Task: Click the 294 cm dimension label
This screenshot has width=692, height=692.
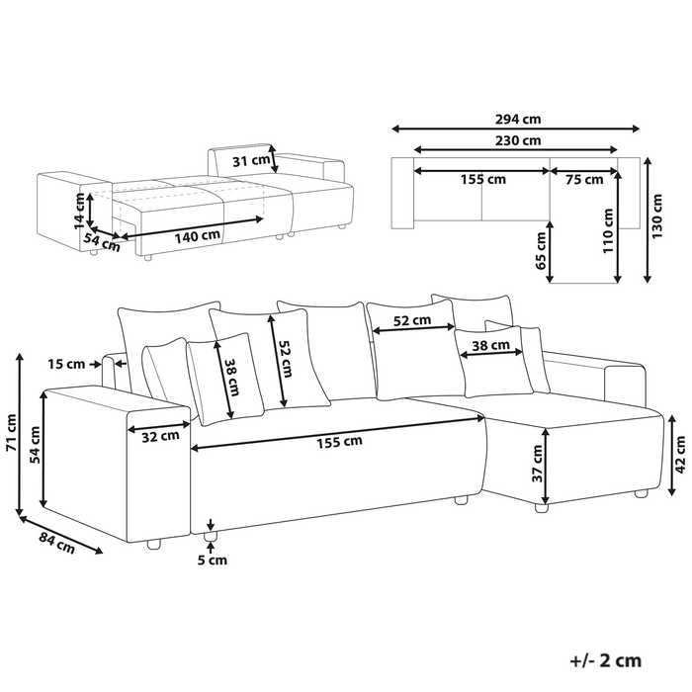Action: coord(518,120)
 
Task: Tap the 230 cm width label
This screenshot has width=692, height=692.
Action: coord(518,140)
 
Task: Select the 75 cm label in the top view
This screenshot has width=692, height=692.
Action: coord(584,180)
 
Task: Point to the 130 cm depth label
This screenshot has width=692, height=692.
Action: coord(657,216)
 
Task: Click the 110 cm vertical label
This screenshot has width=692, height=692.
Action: coord(609,230)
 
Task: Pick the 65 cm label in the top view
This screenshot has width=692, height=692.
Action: coord(541,251)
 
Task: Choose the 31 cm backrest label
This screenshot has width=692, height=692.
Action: coord(251,160)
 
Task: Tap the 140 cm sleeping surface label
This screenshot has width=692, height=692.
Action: coord(198,236)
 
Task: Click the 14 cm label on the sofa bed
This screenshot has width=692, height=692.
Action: coord(79,211)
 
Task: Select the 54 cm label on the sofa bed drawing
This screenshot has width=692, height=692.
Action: coord(102,243)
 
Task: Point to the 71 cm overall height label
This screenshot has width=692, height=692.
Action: coord(11,433)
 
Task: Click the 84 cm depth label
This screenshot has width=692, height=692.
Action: coord(57,543)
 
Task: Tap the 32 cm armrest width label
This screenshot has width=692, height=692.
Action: coord(160,437)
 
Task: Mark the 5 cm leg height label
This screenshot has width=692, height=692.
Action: coord(212,561)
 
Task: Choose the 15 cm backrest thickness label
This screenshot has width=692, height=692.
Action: coord(66,364)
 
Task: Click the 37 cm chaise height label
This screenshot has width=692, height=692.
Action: coord(537,464)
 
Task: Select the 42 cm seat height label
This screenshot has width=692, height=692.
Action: coord(680,455)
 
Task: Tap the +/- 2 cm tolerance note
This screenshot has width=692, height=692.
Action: coord(605,660)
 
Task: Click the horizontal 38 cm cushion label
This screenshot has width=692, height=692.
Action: coord(490,345)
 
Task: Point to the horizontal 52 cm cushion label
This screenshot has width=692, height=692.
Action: coord(412,320)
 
